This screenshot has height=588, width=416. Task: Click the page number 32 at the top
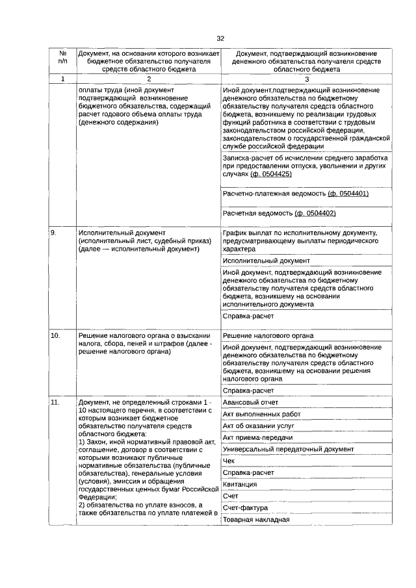click(220, 38)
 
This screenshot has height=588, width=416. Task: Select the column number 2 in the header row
click(148, 79)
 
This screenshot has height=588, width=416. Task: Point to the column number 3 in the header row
click(307, 79)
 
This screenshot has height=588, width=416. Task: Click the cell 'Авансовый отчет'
click(250, 402)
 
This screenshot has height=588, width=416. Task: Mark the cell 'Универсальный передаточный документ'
click(288, 449)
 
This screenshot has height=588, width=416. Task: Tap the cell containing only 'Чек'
click(228, 461)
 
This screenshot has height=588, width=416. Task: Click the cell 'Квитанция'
click(239, 484)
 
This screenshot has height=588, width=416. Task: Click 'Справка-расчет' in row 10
click(248, 390)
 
